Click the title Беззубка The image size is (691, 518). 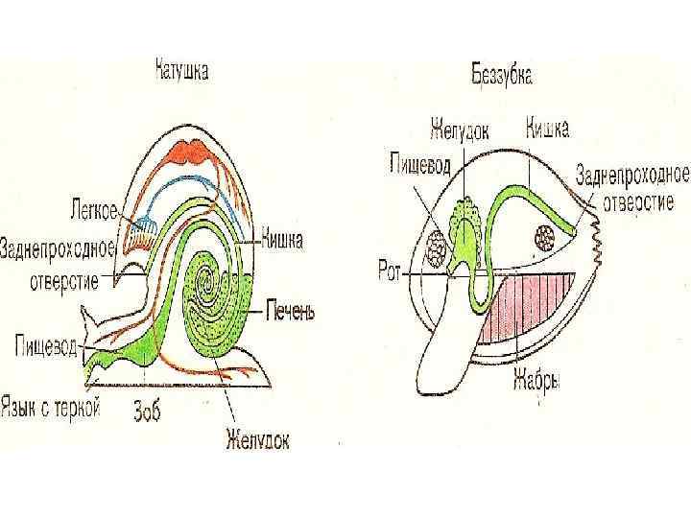tap(502, 73)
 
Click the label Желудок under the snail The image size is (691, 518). tap(257, 440)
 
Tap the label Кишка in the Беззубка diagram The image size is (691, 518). tap(548, 127)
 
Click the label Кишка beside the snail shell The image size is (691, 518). tap(282, 241)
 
